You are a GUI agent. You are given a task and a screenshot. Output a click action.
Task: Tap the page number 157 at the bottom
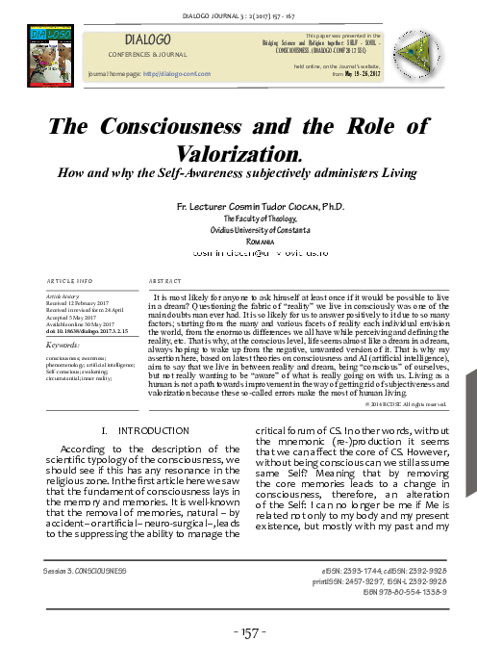coord(238,637)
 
